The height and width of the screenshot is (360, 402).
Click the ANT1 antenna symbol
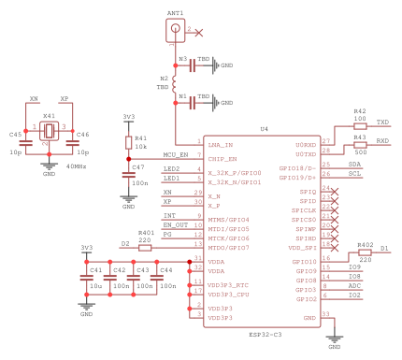175,31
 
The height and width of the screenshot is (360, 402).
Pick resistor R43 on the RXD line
360,144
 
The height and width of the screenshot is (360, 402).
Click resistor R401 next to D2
145,248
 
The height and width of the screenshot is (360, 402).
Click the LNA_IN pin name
221,145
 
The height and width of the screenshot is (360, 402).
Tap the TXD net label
382,122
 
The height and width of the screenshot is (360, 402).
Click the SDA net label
354,164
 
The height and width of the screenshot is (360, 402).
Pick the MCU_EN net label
175,154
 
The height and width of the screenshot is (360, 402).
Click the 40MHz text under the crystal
77,166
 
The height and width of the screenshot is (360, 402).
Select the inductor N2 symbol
175,82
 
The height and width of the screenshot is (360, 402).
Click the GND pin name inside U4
308,318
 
